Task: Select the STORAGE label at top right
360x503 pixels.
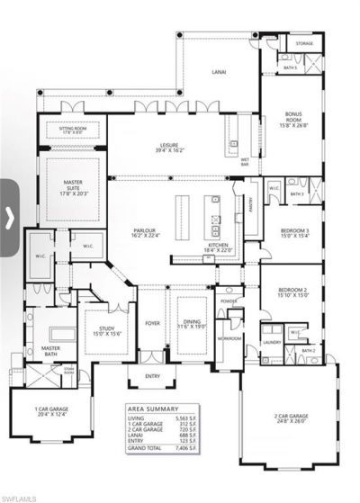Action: click(305, 43)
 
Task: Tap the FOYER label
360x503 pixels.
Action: click(153, 321)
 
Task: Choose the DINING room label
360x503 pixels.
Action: click(191, 324)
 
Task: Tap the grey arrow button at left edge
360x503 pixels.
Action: click(9, 215)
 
